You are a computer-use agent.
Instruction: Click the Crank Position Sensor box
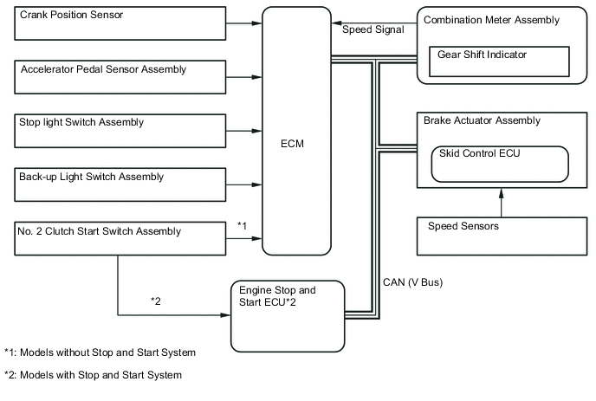120,23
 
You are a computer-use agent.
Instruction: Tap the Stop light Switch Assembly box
120,131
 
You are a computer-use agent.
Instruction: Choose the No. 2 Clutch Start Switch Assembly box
120,239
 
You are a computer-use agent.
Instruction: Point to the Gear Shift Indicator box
499,61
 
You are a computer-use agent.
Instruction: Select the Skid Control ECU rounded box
500,163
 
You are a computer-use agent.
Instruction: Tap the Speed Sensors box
500,234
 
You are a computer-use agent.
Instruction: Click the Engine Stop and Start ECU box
287,315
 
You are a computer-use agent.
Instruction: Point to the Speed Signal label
372,29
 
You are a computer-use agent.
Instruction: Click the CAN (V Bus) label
412,281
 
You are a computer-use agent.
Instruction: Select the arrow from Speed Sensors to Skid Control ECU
500,198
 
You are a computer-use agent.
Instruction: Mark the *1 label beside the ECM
243,226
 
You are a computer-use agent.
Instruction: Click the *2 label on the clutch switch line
156,301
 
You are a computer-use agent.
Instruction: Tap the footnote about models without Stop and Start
100,352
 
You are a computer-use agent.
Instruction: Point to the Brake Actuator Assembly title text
482,120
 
